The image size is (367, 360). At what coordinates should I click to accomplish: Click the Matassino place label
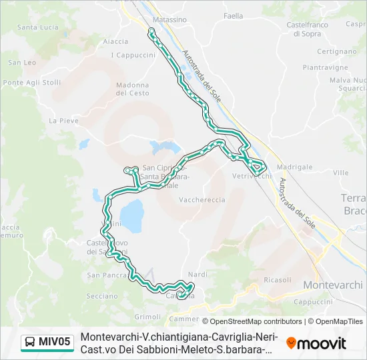169,20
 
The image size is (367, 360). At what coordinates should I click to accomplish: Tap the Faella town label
234,15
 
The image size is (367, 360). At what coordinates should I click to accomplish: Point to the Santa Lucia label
37,27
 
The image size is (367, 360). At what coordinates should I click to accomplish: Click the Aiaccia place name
115,41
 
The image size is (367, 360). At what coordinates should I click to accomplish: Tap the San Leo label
22,62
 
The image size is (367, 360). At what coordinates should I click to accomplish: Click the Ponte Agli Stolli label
31,83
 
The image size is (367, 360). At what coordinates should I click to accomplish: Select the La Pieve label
63,121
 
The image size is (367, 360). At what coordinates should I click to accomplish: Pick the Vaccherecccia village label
202,199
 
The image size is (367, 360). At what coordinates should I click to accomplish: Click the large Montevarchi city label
333,285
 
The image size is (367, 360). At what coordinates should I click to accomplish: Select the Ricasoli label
278,280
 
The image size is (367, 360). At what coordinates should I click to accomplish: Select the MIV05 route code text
54,342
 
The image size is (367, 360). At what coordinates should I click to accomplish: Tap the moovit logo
316,343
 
